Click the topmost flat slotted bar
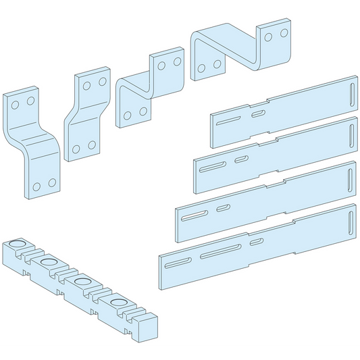coord(284,111)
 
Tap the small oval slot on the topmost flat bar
coord(257,113)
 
